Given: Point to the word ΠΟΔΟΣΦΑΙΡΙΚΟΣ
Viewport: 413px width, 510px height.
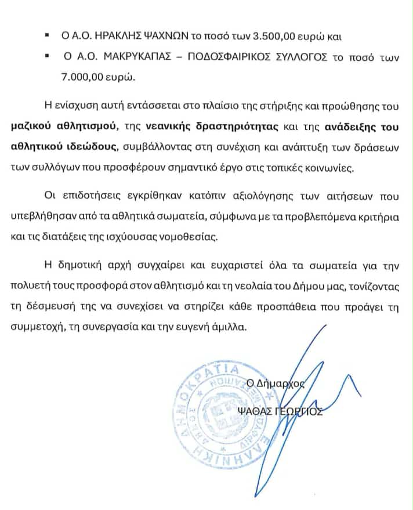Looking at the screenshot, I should point(224,60).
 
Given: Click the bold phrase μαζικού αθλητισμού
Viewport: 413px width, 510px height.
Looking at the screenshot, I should point(80,128).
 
